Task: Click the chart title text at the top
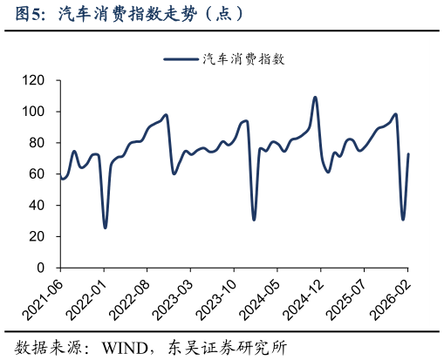point(122,15)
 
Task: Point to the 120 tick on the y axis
point(34,80)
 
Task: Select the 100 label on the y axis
point(34,112)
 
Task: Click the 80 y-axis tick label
point(38,143)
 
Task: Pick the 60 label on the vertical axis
point(38,174)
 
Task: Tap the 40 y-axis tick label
point(38,206)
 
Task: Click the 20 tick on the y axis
point(38,237)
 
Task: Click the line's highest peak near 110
point(315,98)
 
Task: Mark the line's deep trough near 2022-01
point(105,228)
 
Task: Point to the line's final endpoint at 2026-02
point(408,154)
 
